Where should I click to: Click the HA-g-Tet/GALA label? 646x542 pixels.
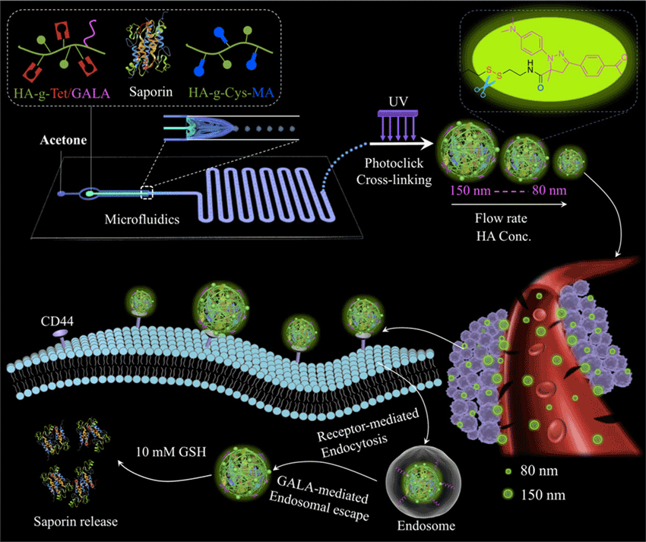60,93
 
